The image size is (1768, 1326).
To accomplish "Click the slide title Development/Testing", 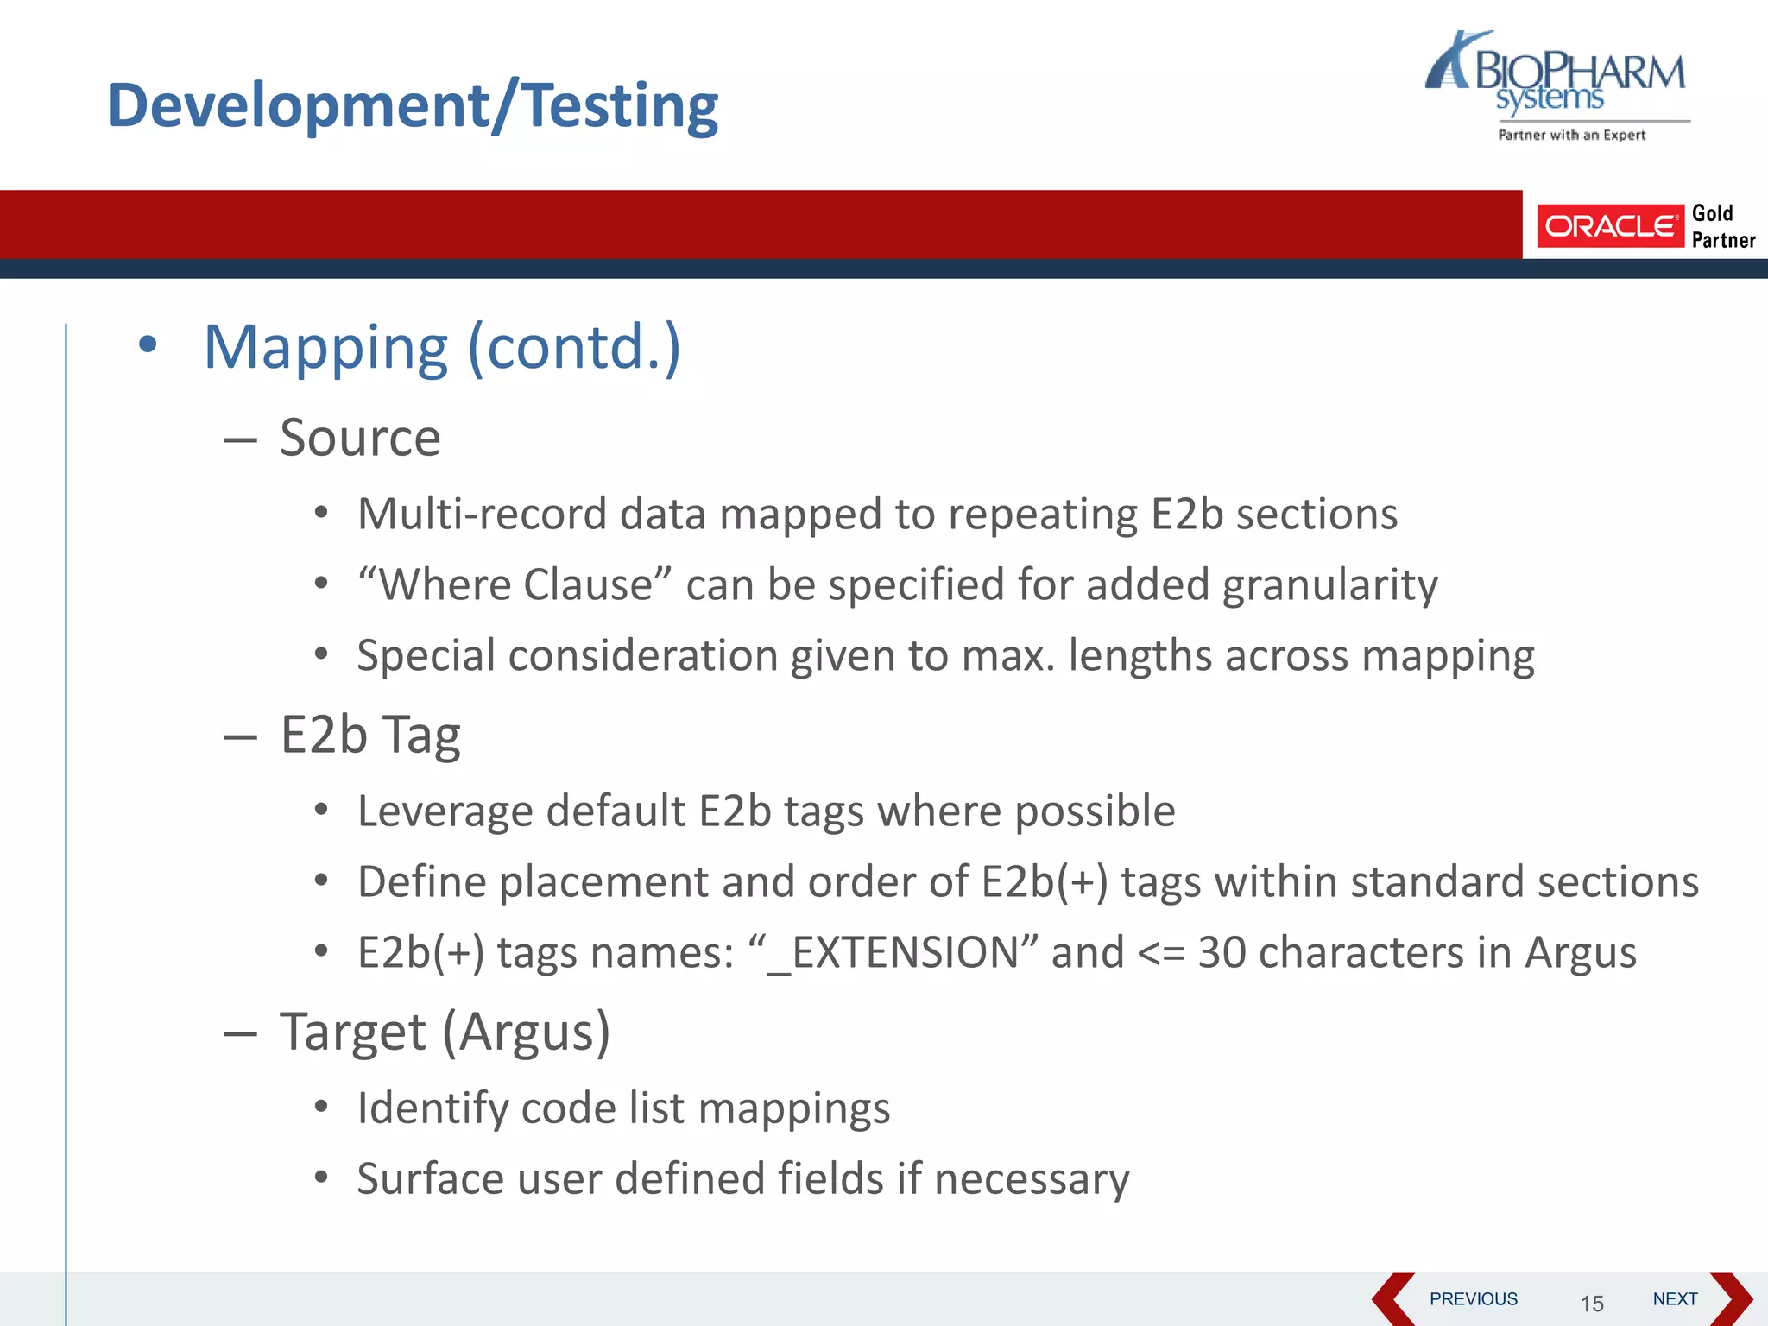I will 413,105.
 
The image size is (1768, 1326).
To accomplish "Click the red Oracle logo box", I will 1609,226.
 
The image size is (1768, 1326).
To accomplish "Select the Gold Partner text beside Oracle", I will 1722,226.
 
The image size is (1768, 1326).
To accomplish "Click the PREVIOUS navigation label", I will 1473,1299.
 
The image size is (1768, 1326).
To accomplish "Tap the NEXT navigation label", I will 1675,1299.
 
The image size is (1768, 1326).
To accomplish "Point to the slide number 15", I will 1592,1304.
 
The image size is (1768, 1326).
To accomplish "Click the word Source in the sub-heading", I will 360,438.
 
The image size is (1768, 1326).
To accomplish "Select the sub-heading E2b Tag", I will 370,736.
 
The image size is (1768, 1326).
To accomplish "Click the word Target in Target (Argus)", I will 352,1032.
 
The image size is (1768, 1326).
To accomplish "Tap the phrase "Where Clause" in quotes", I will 515,584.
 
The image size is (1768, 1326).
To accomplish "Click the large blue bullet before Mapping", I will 148,344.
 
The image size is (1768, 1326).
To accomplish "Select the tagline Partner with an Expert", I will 1571,135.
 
